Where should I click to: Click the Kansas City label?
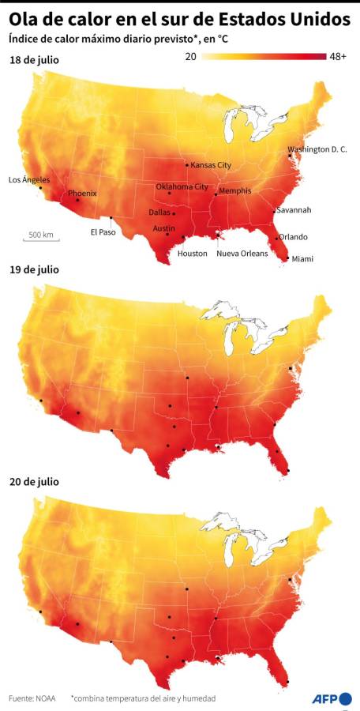[x=211, y=165]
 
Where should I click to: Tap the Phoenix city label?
[x=82, y=194]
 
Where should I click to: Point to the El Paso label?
[x=103, y=231]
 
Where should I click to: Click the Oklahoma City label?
[x=182, y=186]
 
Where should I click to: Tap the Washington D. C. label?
[x=317, y=149]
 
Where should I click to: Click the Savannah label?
[x=294, y=210]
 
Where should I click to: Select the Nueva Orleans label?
[x=242, y=254]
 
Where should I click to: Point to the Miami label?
[x=302, y=259]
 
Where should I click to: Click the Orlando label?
[x=293, y=237]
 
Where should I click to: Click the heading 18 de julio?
[x=34, y=60]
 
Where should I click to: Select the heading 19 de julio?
[x=34, y=269]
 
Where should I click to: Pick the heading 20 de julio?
[x=34, y=481]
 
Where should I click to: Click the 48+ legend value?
[x=339, y=57]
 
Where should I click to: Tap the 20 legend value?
[x=191, y=57]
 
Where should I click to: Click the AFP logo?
[x=330, y=698]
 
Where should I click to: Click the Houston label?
[x=193, y=254]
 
